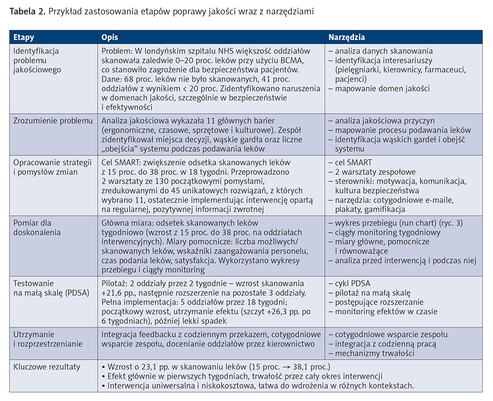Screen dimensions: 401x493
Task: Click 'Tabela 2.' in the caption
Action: pyautogui.click(x=27, y=11)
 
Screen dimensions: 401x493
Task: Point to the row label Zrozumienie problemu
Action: pyautogui.click(x=53, y=121)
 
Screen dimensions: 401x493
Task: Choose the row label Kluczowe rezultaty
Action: pyautogui.click(x=47, y=367)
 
